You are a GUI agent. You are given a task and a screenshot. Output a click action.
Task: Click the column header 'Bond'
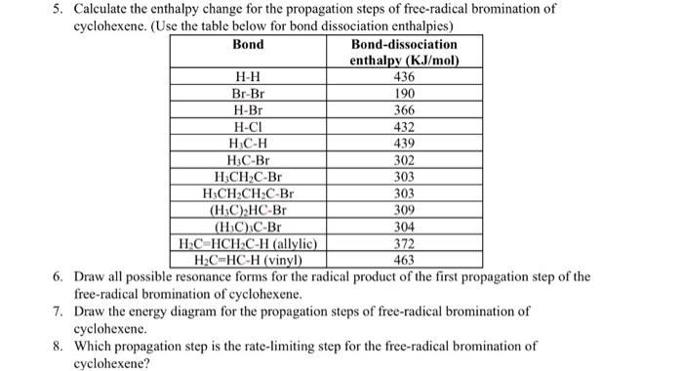pyautogui.click(x=248, y=45)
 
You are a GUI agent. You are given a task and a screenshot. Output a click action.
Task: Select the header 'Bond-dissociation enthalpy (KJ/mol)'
pyautogui.click(x=403, y=53)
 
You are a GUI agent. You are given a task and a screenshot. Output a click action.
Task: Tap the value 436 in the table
pyautogui.click(x=403, y=76)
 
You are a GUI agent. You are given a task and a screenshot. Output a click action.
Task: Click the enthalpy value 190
pyautogui.click(x=403, y=93)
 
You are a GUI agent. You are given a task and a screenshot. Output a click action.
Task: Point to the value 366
pyautogui.click(x=403, y=109)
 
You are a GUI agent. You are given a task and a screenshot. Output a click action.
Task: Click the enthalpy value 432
pyautogui.click(x=403, y=126)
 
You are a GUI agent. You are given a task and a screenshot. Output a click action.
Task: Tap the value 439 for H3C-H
pyautogui.click(x=403, y=143)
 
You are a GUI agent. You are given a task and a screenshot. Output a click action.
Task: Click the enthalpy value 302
pyautogui.click(x=403, y=160)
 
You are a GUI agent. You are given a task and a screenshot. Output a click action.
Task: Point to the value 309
pyautogui.click(x=403, y=210)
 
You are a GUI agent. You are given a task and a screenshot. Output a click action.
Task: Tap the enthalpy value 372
pyautogui.click(x=403, y=243)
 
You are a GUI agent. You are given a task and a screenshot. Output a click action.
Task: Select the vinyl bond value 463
pyautogui.click(x=403, y=260)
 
